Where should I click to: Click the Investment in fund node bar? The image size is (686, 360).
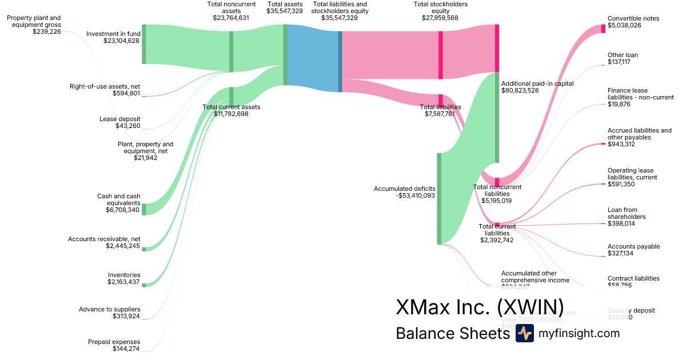coord(144,43)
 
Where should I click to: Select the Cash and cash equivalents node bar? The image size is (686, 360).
coord(144,209)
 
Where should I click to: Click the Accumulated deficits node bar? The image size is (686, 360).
coord(440,198)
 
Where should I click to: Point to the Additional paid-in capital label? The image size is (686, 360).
coord(537,83)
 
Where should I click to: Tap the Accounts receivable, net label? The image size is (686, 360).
coord(104,239)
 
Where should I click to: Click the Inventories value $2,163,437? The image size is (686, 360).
coord(123,282)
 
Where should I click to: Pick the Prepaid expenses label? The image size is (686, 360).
coord(114,342)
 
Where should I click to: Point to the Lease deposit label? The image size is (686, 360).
coord(119,119)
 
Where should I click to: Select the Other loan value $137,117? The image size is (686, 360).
coord(619,62)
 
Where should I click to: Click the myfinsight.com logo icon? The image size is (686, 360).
coord(524,333)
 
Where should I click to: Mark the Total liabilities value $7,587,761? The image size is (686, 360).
coord(440,114)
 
